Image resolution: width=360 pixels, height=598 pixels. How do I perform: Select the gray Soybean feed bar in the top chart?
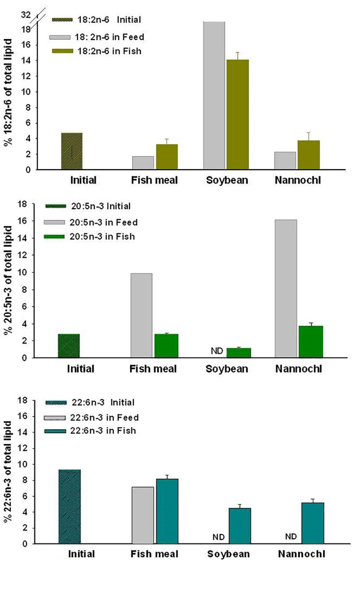(214, 95)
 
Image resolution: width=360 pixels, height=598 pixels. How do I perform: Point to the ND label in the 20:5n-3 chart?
(217, 351)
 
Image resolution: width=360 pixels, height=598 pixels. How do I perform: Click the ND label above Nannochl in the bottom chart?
(290, 537)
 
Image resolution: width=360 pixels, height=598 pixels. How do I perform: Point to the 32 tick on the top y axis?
(25, 15)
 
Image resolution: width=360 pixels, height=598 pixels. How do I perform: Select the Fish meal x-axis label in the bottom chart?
(154, 554)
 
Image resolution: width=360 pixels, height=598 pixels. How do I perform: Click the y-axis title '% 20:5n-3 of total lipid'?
(9, 280)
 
